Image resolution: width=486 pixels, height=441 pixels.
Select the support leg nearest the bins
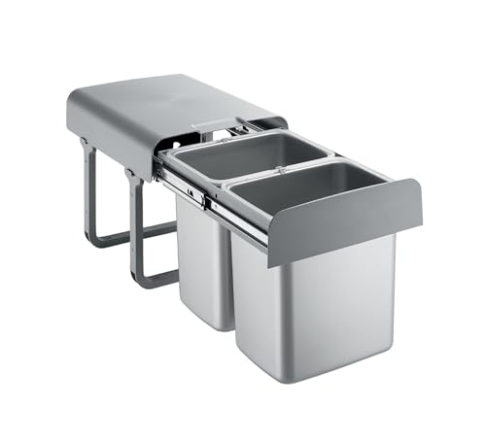click(135, 223)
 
